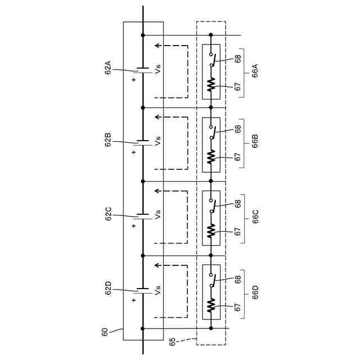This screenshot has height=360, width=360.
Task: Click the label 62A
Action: (x=108, y=70)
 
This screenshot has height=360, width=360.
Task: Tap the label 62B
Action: (x=108, y=141)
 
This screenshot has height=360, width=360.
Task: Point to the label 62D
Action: (x=108, y=291)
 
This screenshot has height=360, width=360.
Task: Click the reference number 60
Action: (x=105, y=332)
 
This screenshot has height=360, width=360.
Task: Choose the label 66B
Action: (x=255, y=141)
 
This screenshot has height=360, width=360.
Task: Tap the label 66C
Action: (x=255, y=217)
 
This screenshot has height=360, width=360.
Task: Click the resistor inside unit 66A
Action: (x=211, y=84)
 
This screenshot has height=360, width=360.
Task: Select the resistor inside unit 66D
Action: (x=211, y=305)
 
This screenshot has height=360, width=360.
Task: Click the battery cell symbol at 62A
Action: (x=143, y=70)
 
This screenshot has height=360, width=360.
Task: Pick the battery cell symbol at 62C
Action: (x=143, y=215)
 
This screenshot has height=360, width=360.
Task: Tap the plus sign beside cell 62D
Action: (x=134, y=300)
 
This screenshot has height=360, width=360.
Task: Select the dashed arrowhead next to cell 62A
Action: (x=157, y=46)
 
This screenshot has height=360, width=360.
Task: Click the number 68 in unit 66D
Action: (x=238, y=278)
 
